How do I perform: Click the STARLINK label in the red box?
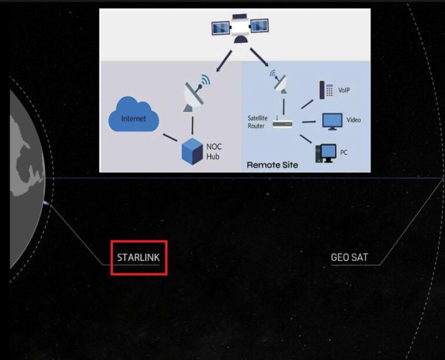(138, 257)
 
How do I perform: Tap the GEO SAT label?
(349, 257)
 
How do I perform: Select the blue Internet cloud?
(133, 115)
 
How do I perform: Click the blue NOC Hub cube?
(192, 151)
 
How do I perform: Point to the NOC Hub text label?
(214, 152)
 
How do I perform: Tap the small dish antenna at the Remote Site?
(279, 81)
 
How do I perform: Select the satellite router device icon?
(282, 123)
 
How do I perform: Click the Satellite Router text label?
(257, 122)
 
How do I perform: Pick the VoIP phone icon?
(326, 90)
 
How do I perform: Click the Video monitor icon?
(332, 121)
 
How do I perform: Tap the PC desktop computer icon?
(326, 153)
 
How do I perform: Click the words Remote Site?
(272, 165)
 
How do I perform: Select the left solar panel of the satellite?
(221, 28)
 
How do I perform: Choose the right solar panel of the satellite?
(260, 26)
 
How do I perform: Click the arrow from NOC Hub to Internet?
(170, 137)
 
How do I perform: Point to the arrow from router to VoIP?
(307, 104)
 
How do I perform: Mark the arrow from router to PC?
(306, 139)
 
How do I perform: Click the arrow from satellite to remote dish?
(260, 57)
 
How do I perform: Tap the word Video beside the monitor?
(353, 120)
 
